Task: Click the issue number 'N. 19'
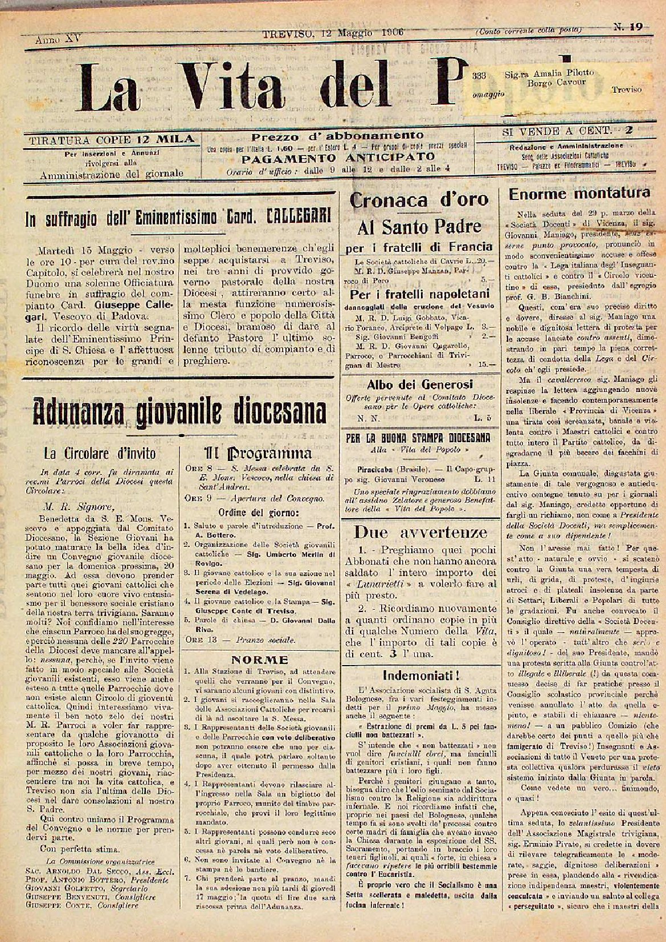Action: (x=628, y=26)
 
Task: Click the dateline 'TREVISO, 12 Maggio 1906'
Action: (x=333, y=33)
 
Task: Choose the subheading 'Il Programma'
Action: (x=258, y=453)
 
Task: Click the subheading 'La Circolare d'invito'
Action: (x=100, y=454)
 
